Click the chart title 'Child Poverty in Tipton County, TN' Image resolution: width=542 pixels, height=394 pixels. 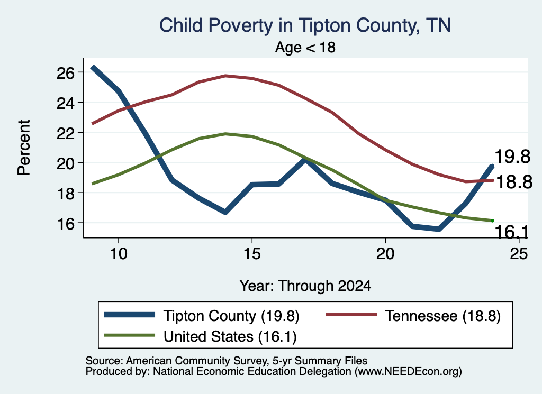pos(305,25)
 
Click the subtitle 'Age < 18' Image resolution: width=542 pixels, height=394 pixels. pos(305,47)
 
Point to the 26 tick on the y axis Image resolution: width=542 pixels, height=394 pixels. pos(66,73)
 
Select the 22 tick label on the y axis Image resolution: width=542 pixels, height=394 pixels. pos(66,133)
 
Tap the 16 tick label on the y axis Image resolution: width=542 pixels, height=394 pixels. pos(66,223)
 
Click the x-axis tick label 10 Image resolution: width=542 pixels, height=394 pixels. pos(119,254)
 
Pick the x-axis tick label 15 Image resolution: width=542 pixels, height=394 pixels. pos(252,254)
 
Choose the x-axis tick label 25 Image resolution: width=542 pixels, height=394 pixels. pos(519,254)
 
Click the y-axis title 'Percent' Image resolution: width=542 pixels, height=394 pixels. pos(24,148)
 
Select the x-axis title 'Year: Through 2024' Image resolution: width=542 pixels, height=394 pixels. pos(305,286)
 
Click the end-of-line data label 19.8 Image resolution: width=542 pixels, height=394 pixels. pos(512,157)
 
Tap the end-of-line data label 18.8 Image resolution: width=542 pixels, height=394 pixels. pos(514,181)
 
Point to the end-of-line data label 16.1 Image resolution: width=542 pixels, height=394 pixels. pos(511,232)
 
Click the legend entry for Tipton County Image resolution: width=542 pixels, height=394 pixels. pos(202,316)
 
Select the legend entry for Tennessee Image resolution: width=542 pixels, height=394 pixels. pos(413,316)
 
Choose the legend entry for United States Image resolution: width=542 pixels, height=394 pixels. pos(200,336)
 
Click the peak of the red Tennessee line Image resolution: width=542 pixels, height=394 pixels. pos(225,76)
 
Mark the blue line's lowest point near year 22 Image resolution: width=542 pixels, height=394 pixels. pos(439,229)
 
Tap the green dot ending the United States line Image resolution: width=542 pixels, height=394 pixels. pos(492,221)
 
